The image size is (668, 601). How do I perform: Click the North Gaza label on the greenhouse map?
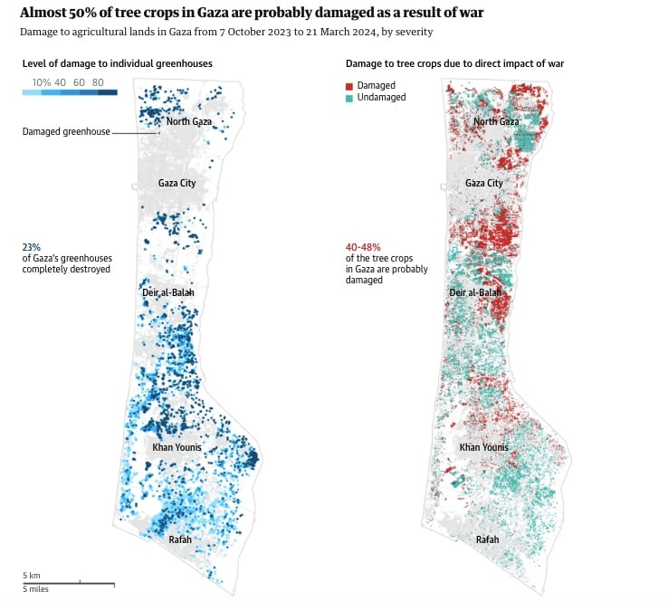pyautogui.click(x=188, y=121)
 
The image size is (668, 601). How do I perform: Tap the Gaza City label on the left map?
pyautogui.click(x=177, y=183)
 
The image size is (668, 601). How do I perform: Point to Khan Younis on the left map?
pyautogui.click(x=177, y=447)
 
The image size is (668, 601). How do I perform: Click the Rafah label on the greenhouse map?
pyautogui.click(x=180, y=540)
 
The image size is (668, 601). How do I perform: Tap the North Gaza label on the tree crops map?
pyautogui.click(x=496, y=121)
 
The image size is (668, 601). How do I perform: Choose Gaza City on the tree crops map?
pyautogui.click(x=483, y=183)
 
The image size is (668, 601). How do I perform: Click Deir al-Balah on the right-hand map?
pyautogui.click(x=475, y=292)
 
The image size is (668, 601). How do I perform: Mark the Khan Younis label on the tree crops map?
pyautogui.click(x=483, y=447)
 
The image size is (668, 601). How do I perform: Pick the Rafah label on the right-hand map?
pyautogui.click(x=487, y=540)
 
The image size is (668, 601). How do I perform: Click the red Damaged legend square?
pyautogui.click(x=349, y=85)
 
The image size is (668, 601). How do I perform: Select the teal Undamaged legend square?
pyautogui.click(x=349, y=97)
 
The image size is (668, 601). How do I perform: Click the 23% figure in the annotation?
pyautogui.click(x=32, y=246)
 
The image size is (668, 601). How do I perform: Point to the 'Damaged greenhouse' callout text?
pyautogui.click(x=66, y=132)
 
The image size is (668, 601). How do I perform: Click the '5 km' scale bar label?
pyautogui.click(x=32, y=575)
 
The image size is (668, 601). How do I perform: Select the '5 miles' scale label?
pyautogui.click(x=36, y=589)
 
